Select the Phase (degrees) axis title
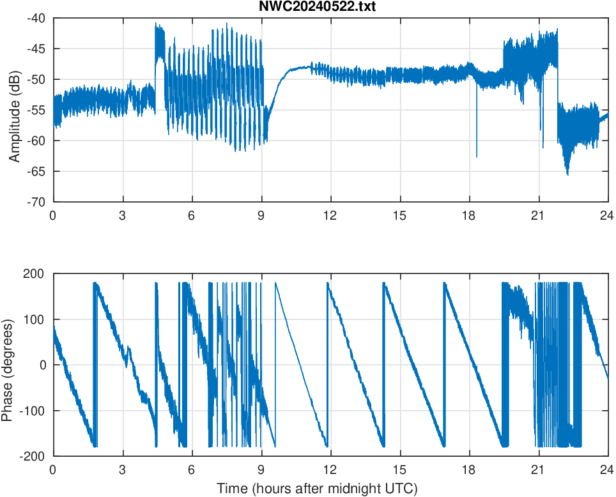point(7,365)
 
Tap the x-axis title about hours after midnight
point(317,489)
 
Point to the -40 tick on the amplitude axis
point(36,18)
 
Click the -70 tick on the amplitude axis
point(36,202)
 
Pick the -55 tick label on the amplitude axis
point(36,110)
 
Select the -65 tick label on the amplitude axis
point(36,171)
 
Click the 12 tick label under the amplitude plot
point(330,215)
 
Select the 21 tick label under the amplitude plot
point(539,215)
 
